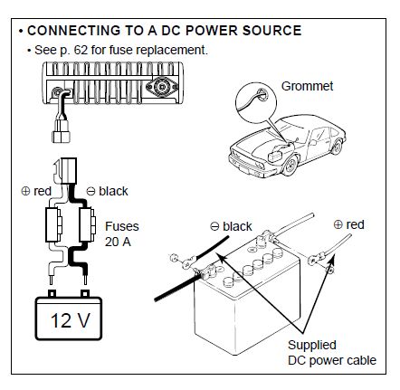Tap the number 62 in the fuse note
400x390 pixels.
pos(81,50)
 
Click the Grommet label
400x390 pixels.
pos(307,86)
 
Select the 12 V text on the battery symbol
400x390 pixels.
pos(71,320)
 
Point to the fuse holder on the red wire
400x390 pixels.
pos(53,224)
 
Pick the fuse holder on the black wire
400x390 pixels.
pos(87,224)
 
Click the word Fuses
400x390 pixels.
pos(122,226)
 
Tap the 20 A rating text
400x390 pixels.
pos(118,242)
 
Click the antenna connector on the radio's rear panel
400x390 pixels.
pos(162,87)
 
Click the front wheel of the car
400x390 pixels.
pos(290,166)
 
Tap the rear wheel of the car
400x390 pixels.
pos(337,147)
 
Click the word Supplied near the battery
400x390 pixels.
pos(312,346)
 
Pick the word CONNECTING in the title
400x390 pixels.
pos(72,31)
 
